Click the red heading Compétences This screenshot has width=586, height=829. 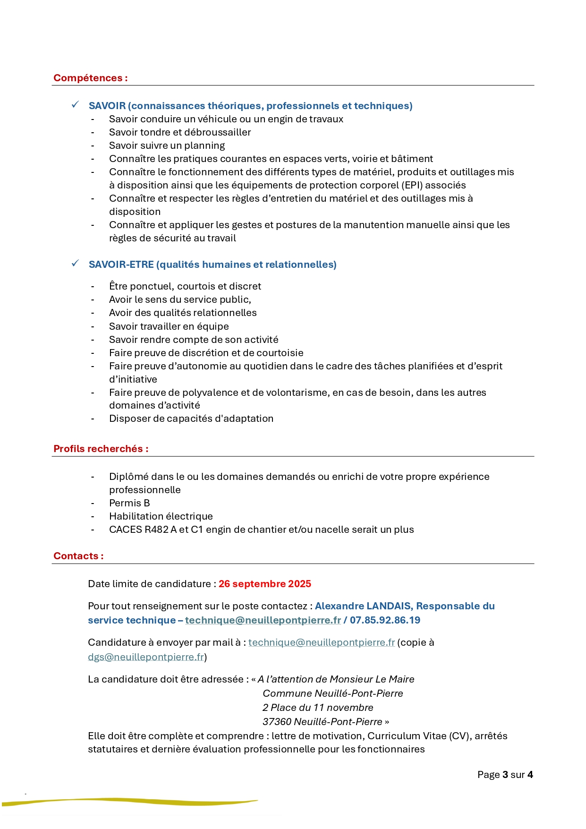[x=90, y=78]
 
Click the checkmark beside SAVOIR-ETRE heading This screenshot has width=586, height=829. [x=75, y=264]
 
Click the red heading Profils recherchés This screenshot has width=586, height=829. [x=101, y=449]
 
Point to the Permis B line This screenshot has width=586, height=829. [x=129, y=503]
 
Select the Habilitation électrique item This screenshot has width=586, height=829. [x=161, y=516]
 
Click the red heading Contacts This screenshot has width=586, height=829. [x=78, y=556]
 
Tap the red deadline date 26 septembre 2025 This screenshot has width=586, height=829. [x=264, y=584]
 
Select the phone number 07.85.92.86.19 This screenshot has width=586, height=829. [x=385, y=620]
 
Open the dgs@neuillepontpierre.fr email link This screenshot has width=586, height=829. [x=146, y=657]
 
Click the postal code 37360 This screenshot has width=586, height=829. [x=277, y=722]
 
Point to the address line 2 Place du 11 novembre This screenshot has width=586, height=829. [x=318, y=708]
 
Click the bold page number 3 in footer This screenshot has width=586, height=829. [x=505, y=775]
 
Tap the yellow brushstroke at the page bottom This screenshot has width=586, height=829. [x=142, y=801]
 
